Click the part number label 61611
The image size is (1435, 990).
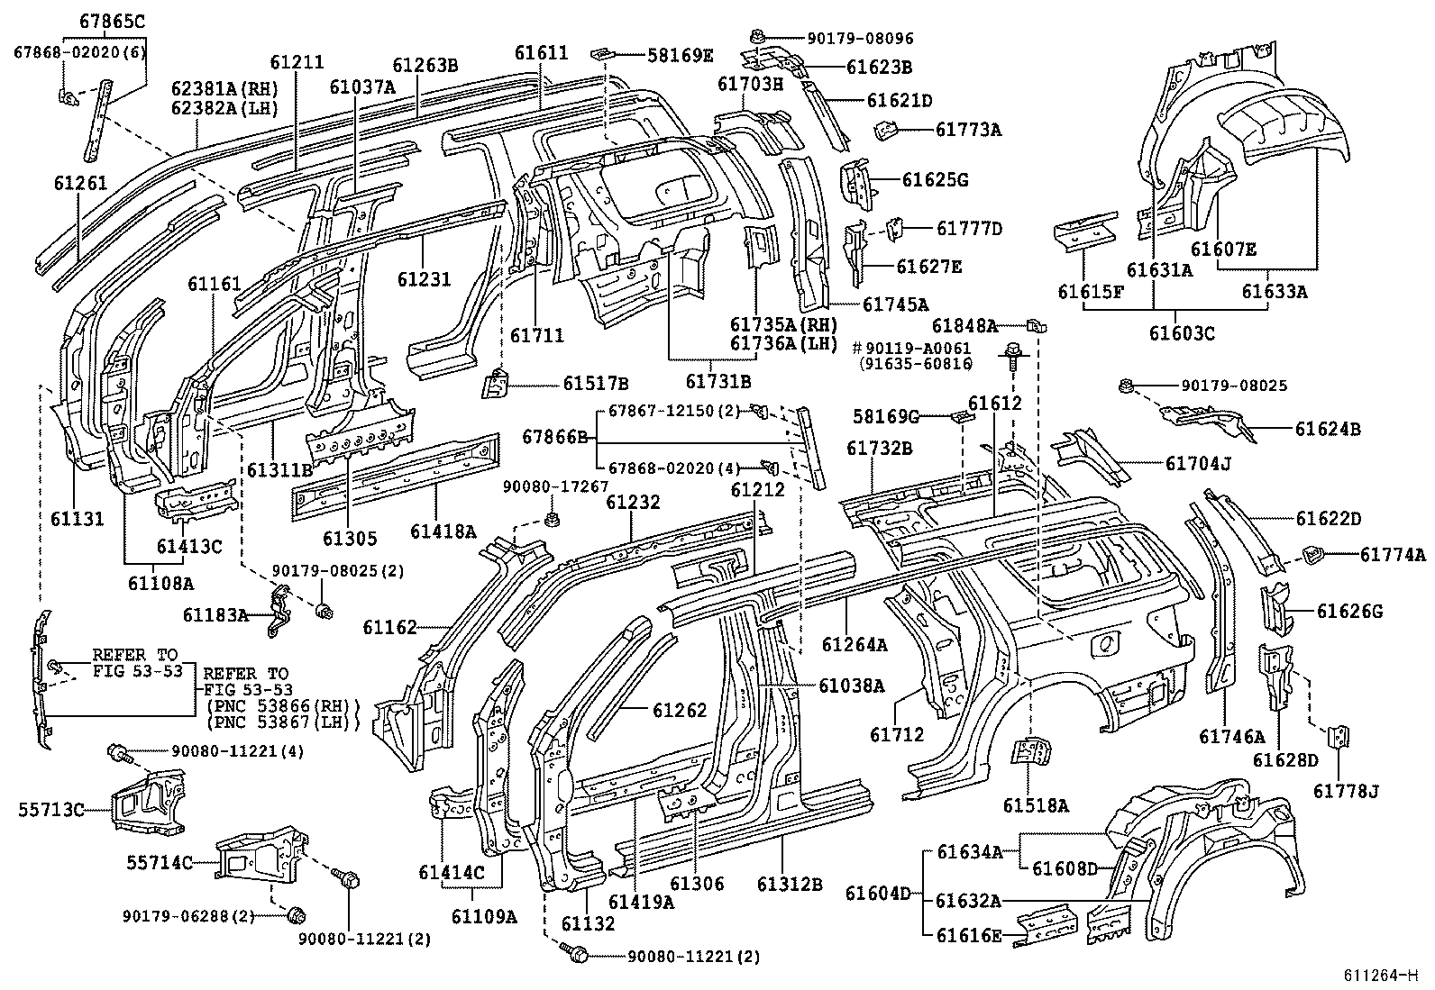[x=542, y=52]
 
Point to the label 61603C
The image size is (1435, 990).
[x=1182, y=332]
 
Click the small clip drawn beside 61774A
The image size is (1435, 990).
[x=1312, y=556]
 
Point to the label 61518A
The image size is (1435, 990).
[x=1036, y=805]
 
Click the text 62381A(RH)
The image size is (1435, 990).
[x=225, y=88]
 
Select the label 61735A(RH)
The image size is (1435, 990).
[x=783, y=324]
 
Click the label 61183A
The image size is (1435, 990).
[x=215, y=615]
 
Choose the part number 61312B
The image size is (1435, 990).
[x=790, y=885]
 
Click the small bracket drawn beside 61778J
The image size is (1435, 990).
[x=1342, y=737]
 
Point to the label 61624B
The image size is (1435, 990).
[x=1329, y=429]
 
